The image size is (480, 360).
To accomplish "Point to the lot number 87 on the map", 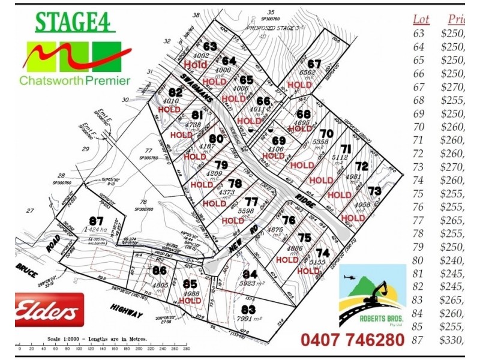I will tap(95, 220).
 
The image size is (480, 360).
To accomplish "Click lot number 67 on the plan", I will tap(314, 64).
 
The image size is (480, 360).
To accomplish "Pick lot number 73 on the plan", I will tap(374, 191).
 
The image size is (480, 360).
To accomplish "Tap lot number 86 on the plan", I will tap(159, 271).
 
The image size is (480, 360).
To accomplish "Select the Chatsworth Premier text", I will tap(74, 80).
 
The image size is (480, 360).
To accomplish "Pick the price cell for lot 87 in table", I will tap(452, 340).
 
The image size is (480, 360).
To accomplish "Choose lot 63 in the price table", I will tap(418, 33).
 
